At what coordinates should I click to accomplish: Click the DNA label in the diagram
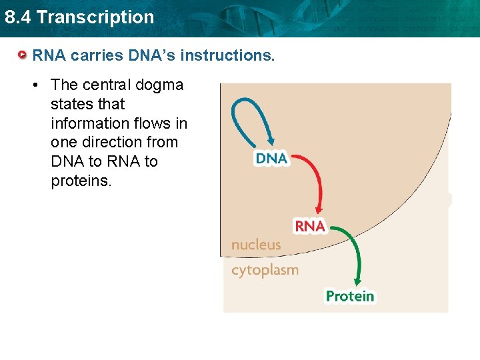271,159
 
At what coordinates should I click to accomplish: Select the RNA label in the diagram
310,227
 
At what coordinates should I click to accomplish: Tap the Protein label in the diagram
350,296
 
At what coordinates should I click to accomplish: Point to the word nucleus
256,245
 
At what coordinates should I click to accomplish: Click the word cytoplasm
265,270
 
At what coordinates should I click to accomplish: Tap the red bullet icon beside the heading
23,55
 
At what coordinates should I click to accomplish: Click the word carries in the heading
92,55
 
